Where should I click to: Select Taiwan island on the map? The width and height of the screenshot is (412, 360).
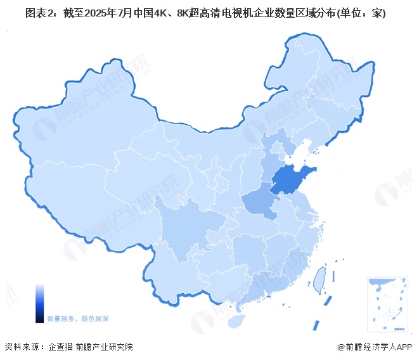[321, 275]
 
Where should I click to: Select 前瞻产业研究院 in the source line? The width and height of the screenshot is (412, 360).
[104, 347]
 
